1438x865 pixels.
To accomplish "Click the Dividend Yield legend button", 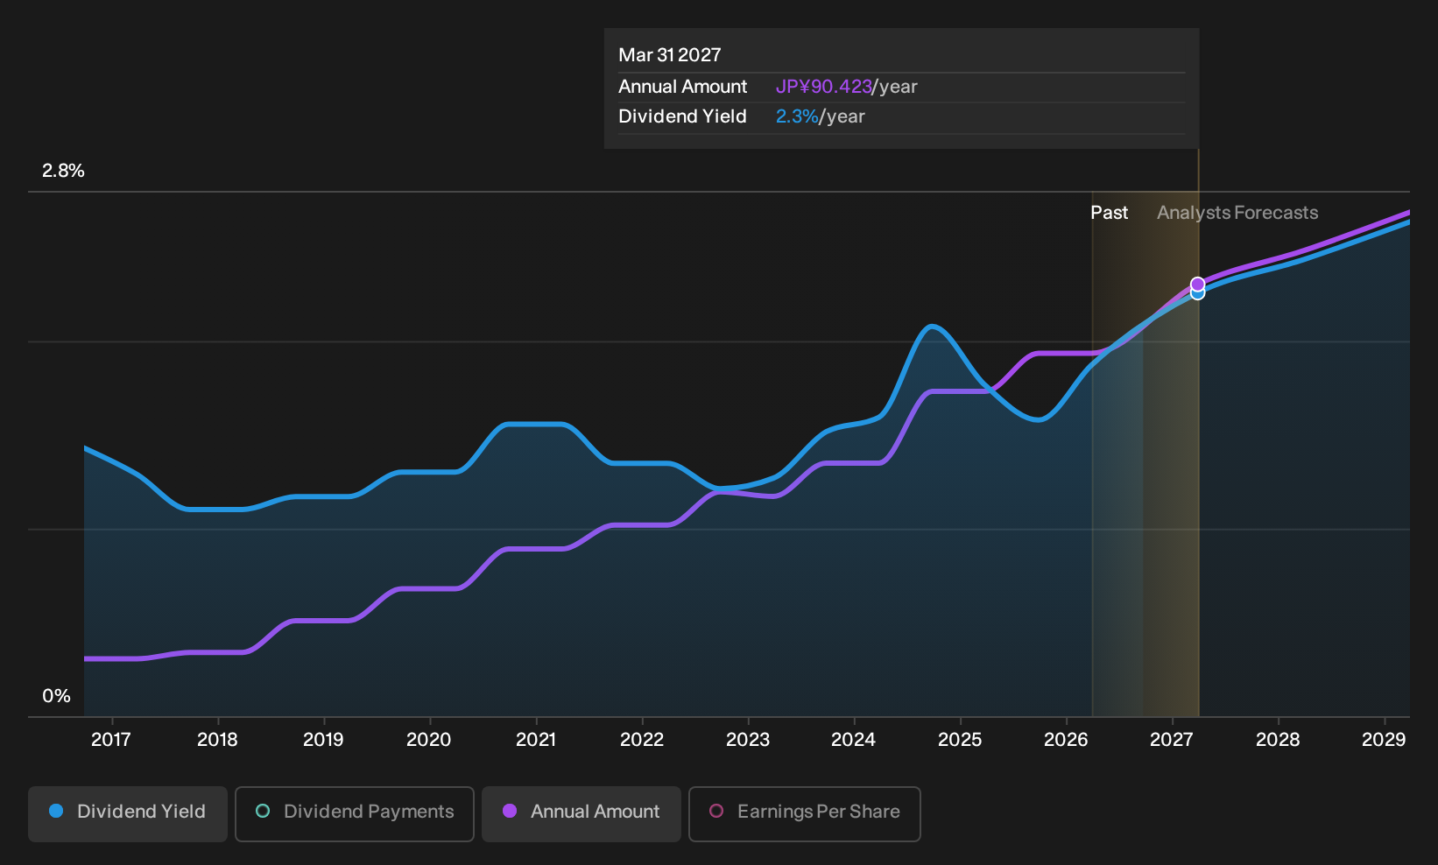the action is pos(127,813).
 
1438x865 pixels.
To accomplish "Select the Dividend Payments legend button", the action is pos(355,813).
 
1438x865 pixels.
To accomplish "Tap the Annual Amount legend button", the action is pos(581,813).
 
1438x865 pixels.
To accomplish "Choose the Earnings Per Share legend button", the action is pos(804,813).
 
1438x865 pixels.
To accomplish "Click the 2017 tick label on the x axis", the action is pos(111,740).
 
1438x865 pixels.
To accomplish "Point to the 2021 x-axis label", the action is pos(536,740).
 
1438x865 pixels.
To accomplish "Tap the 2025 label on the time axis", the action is pos(960,740).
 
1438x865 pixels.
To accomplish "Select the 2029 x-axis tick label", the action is pos(1384,740).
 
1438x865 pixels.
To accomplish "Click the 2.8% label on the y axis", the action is pos(63,171).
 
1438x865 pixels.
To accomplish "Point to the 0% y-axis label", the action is pos(57,696).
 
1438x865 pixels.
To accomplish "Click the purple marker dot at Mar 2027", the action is pos(1197,285).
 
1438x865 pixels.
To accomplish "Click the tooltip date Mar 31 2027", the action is pos(670,55).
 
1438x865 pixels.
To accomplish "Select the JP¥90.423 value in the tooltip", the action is pos(823,87).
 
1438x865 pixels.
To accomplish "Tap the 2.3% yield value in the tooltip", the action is pos(797,116).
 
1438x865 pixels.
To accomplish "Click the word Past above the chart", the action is pos(1110,213).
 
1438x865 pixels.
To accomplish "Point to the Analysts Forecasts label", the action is pos(1237,213).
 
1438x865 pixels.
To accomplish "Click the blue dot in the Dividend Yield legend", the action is pos(57,811).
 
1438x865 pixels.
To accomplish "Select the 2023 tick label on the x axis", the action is pos(748,740).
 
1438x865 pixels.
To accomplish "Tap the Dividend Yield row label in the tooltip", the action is pos(682,116).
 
